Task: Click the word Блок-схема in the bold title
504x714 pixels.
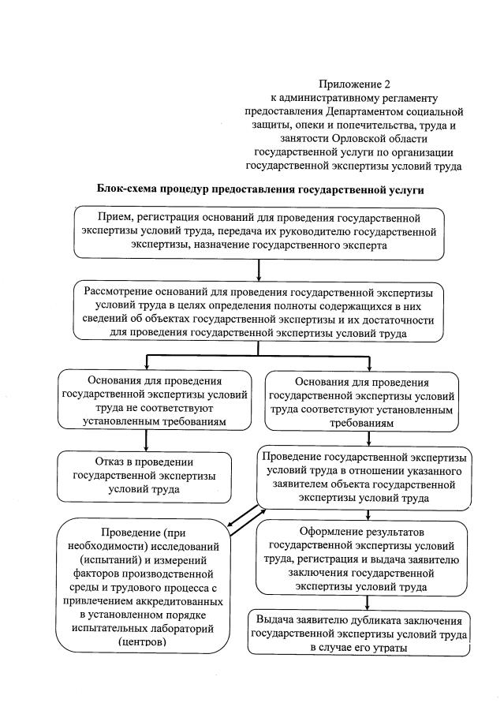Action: (x=130, y=190)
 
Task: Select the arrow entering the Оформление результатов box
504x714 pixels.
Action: (x=362, y=515)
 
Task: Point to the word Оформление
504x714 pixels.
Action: (x=331, y=531)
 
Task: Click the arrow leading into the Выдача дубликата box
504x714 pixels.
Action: (x=362, y=602)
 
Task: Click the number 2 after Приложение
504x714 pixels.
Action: (x=386, y=84)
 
